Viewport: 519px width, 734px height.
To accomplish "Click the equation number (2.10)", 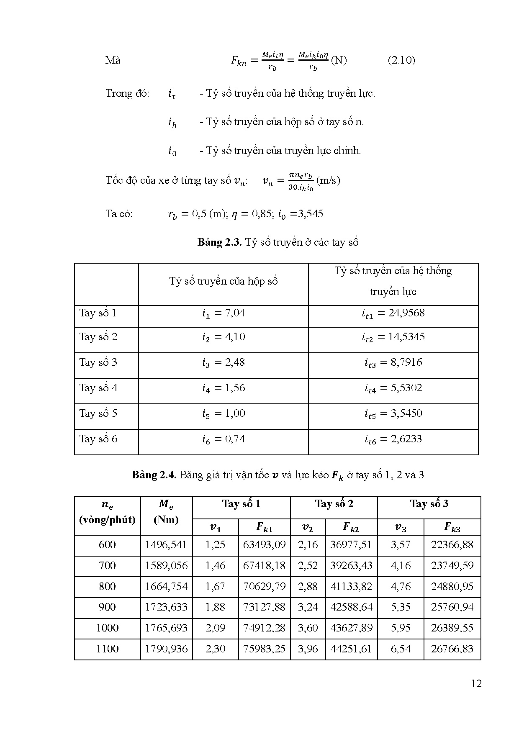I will [401, 60].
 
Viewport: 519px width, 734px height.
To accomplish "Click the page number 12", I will [476, 683].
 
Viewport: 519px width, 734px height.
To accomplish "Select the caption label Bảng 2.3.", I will [220, 242].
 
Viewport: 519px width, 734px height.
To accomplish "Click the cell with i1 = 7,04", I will [223, 313].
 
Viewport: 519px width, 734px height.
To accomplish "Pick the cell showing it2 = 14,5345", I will [393, 337].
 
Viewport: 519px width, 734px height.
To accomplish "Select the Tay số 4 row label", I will [98, 388].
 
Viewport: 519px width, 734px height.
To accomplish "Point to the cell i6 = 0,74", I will [223, 439].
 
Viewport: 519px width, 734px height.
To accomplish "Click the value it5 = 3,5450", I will [393, 413].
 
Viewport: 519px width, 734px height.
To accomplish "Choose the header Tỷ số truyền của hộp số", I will [223, 281].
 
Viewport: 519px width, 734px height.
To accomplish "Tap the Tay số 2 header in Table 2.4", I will [334, 504].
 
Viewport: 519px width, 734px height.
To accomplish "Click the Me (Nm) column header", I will [166, 512].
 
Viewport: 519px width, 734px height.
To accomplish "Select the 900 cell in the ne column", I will [107, 607].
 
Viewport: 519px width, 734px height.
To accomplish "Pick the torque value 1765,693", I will [166, 628].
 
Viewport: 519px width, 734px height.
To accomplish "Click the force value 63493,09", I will [264, 545].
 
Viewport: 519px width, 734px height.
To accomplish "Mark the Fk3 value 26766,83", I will [452, 649].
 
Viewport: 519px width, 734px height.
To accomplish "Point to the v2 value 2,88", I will [308, 587].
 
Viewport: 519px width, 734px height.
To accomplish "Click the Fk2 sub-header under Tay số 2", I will [351, 527].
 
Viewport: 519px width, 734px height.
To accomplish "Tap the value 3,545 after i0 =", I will [310, 214].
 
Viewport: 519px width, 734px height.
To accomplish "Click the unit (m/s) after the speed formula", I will [328, 180].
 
